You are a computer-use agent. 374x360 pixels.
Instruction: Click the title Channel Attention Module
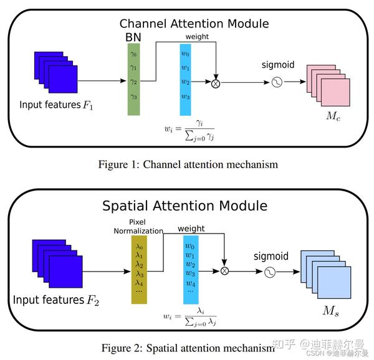tap(194, 24)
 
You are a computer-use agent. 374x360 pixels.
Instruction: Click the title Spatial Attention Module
tap(184, 206)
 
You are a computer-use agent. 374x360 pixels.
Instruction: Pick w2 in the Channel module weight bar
tap(185, 82)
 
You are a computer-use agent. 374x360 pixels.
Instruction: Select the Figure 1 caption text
tap(188, 164)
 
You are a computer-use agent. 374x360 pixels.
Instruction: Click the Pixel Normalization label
tap(138, 226)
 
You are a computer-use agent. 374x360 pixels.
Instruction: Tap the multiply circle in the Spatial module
tap(225, 271)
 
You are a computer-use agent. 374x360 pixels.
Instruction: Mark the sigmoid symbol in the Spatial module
tap(271, 272)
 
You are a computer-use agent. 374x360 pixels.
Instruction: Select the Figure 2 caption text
tap(186, 346)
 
